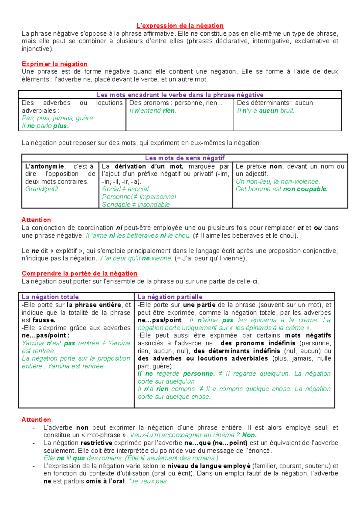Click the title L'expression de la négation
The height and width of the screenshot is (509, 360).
180,26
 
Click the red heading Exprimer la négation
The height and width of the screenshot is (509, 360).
55,64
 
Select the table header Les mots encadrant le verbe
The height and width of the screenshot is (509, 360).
180,95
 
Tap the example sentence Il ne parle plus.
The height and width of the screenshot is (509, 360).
45,126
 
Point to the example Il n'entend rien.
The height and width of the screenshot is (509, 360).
153,111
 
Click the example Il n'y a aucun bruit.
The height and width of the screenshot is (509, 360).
265,111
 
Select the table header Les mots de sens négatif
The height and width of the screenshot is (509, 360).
185,158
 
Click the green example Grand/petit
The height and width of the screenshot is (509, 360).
42,189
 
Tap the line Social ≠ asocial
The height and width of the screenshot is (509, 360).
125,189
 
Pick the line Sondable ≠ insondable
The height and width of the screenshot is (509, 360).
136,204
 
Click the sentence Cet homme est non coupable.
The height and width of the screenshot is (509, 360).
282,189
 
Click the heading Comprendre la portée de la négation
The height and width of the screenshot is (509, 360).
79,273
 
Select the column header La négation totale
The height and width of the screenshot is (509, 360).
50,297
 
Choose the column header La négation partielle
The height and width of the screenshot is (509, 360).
170,297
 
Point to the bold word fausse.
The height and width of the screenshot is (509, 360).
44,320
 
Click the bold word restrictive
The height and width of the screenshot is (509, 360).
96,443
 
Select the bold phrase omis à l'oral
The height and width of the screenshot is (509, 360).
105,481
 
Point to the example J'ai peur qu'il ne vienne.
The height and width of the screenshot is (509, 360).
136,258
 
